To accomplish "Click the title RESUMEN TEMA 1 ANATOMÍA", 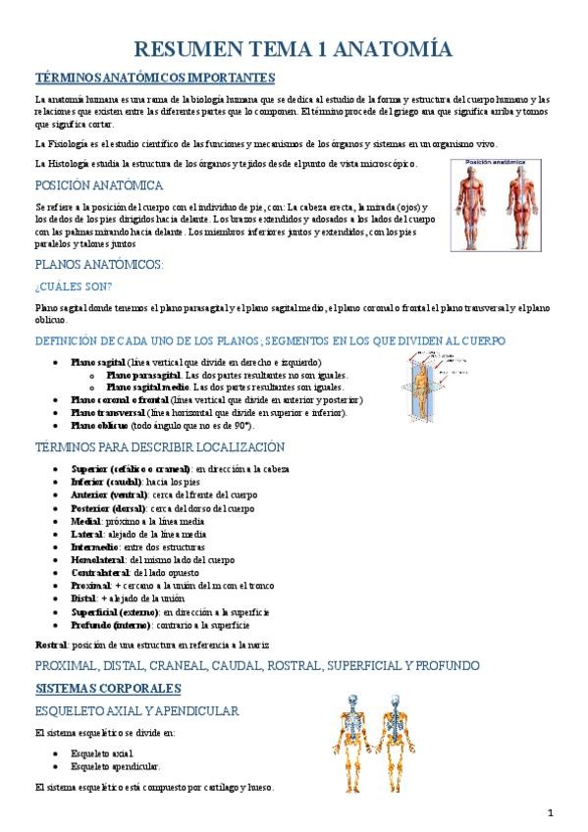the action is (293, 49).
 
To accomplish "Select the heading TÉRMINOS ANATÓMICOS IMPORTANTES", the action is (154, 78).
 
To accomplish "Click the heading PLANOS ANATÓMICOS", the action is (98, 265).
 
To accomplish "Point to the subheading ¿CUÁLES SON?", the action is (74, 286).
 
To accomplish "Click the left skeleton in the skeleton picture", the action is (351, 743).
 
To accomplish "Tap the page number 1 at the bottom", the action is (551, 812).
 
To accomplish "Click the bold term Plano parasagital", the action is (143, 376).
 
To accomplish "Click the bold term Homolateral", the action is (98, 559).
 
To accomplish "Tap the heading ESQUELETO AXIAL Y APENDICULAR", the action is (136, 709).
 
